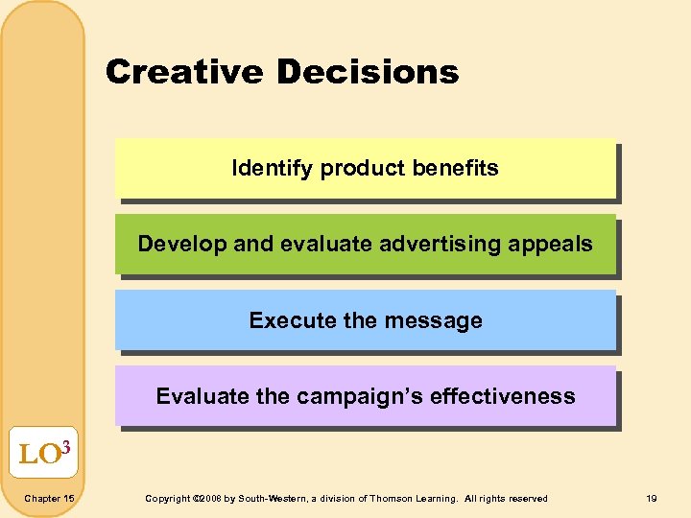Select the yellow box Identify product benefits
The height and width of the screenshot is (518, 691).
pos(365,168)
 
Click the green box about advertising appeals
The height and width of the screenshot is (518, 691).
pos(365,244)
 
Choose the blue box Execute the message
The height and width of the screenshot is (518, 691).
pos(365,320)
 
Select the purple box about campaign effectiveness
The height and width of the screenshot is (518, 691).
pos(365,396)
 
